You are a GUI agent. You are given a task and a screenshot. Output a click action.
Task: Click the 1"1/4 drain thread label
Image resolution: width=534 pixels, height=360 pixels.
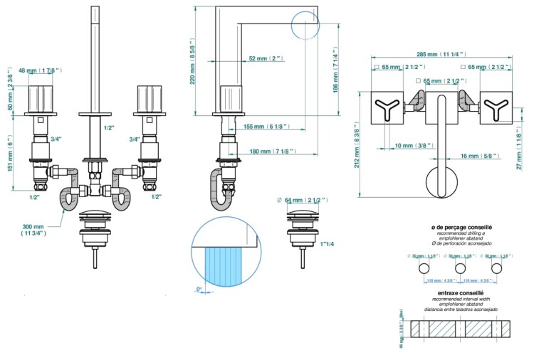click(x=328, y=244)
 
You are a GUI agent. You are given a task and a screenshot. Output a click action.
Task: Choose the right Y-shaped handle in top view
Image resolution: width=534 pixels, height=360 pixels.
click(x=494, y=109)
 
